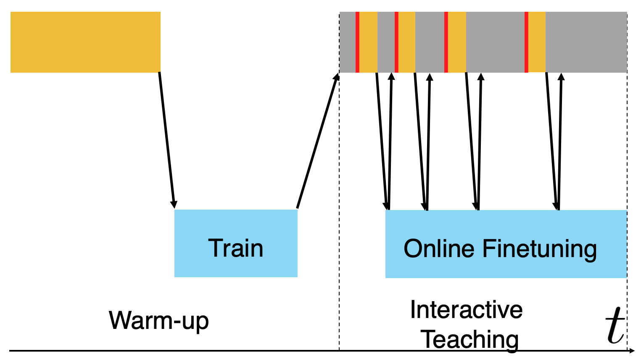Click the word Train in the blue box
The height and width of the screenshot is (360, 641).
235,248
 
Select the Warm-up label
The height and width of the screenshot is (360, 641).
158,321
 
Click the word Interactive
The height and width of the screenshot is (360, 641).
466,310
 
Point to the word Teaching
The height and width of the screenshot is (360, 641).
470,339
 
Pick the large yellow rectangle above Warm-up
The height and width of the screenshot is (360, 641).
85,42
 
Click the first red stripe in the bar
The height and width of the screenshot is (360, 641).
357,42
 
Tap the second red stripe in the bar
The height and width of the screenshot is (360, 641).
396,42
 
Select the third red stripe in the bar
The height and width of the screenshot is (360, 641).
446,42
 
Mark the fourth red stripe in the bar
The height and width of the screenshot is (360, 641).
526,42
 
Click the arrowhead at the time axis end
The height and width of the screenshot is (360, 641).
631,350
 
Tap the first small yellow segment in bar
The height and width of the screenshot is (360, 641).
368,42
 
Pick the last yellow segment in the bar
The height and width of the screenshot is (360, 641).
537,42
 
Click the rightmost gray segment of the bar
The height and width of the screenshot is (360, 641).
586,42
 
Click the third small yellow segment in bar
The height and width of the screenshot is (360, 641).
457,42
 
